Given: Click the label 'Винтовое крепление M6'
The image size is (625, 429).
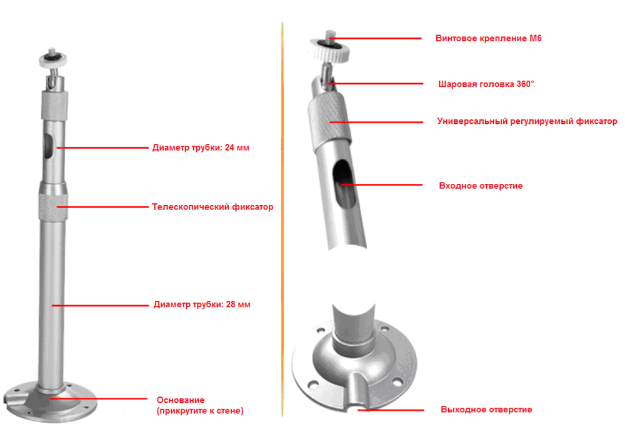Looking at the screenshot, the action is coord(488,38).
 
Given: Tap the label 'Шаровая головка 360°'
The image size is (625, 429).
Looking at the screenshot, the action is coord(486,84).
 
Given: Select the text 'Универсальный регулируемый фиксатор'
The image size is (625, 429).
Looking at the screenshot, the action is coord(527,121).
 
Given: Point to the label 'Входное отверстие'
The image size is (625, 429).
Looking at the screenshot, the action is coord(481,185).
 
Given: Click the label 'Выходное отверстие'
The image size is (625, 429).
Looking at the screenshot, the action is coord(486,410).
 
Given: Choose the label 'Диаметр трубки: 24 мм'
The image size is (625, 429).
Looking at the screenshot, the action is coord(201,148).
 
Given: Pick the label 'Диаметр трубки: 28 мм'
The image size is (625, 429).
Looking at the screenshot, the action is coord(202,304).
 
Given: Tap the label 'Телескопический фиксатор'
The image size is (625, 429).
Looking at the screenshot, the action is coord(212,207).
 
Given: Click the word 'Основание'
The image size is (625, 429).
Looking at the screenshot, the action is coord(181,400).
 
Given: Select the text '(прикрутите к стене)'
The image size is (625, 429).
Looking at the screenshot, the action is coord(200,411).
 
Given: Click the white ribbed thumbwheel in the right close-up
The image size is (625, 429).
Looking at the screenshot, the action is coord(329,49).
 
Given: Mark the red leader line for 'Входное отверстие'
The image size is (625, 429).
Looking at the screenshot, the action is coord(381,184).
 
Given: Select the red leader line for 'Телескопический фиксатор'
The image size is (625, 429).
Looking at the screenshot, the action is coord(102,207).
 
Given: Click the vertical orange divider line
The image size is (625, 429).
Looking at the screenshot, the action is coord(282,220).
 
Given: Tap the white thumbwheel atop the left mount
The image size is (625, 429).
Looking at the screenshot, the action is coord(53,59).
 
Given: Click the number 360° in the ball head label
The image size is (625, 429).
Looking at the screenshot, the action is coord(525,84).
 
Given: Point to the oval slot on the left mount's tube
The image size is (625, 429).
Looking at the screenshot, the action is coord(48,146).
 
